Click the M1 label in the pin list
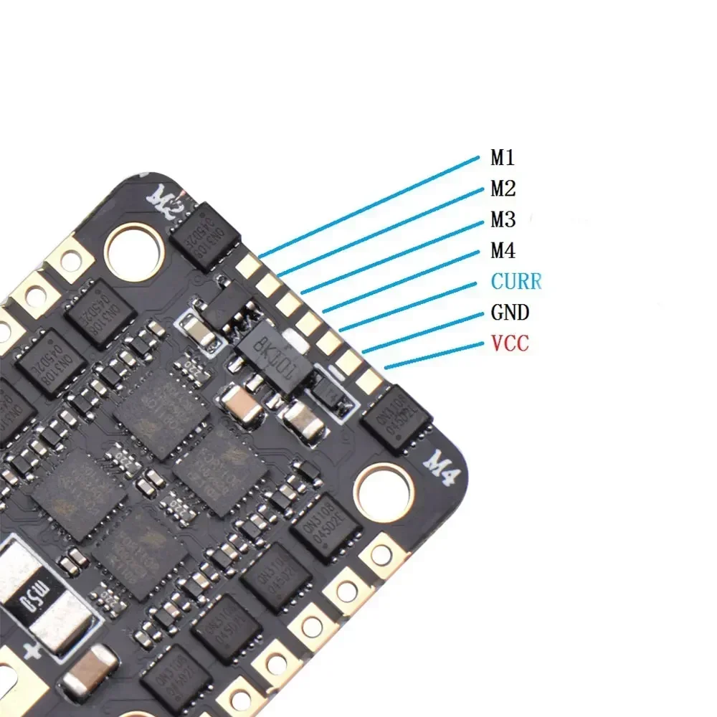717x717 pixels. coord(502,157)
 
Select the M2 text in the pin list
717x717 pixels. coord(503,189)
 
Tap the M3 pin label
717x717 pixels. coord(503,219)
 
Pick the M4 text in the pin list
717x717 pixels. coord(503,250)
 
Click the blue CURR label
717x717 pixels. coord(516,281)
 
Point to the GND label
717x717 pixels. coord(510,313)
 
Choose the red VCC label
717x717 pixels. coord(510,343)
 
